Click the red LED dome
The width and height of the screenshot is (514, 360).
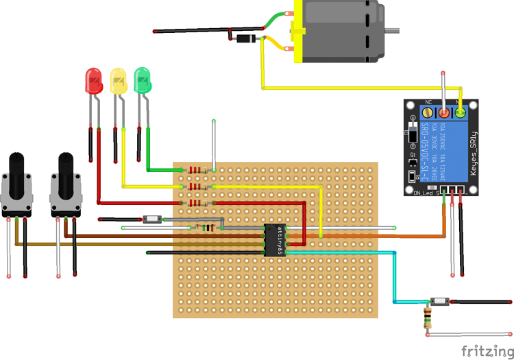click(92, 80)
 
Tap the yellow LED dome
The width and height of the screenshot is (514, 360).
click(119, 80)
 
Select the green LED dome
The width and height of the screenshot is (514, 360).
click(143, 80)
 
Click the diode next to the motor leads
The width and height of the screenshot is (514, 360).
click(243, 39)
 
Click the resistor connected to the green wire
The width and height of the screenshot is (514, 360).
click(197, 170)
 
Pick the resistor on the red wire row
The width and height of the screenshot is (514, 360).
click(197, 203)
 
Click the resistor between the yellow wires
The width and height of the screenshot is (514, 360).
click(197, 187)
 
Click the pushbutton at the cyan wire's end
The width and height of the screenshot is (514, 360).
click(439, 302)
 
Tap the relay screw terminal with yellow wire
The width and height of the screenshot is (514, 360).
click(461, 111)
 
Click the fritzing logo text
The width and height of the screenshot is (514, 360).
click(485, 350)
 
